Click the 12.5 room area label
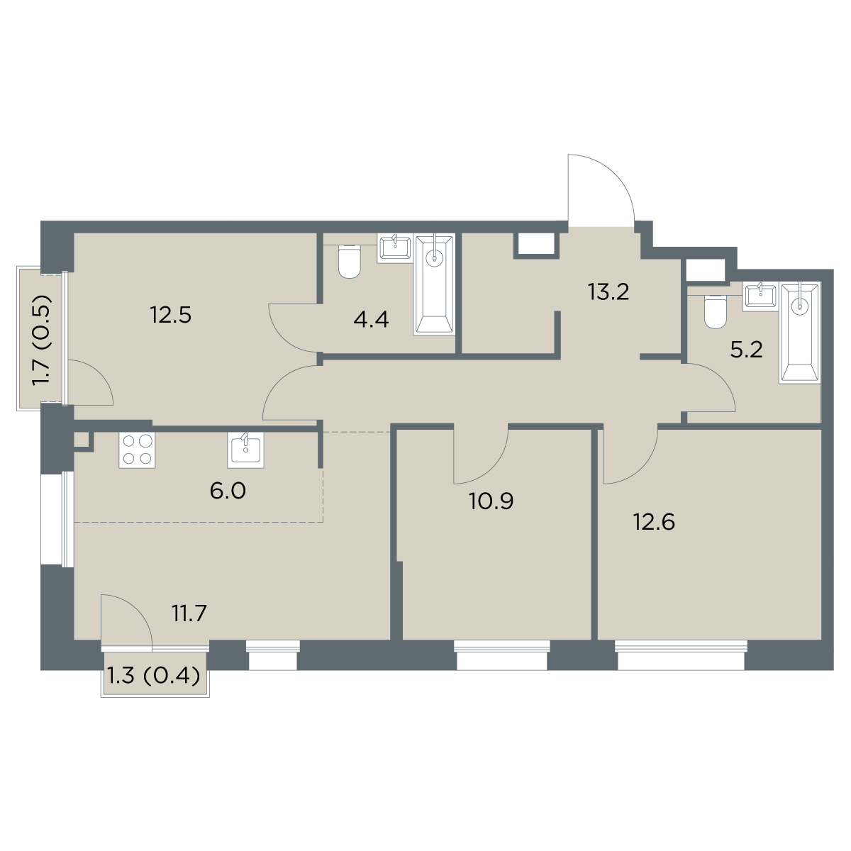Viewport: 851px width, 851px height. point(170,316)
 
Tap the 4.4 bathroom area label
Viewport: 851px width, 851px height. point(371,319)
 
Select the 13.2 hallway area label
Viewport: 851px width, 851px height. point(608,292)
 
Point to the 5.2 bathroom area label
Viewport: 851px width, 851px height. point(746,350)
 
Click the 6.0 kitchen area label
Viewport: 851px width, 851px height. point(228,491)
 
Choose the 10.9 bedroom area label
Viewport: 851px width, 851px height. point(491,501)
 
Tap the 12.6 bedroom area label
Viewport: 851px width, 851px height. point(654,523)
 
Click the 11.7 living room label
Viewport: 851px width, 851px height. point(189,613)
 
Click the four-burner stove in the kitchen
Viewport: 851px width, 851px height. point(137,450)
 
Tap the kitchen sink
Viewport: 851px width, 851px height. point(245,450)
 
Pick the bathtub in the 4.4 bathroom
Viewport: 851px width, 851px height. point(435,284)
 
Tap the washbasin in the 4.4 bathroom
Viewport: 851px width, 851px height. point(394,249)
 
